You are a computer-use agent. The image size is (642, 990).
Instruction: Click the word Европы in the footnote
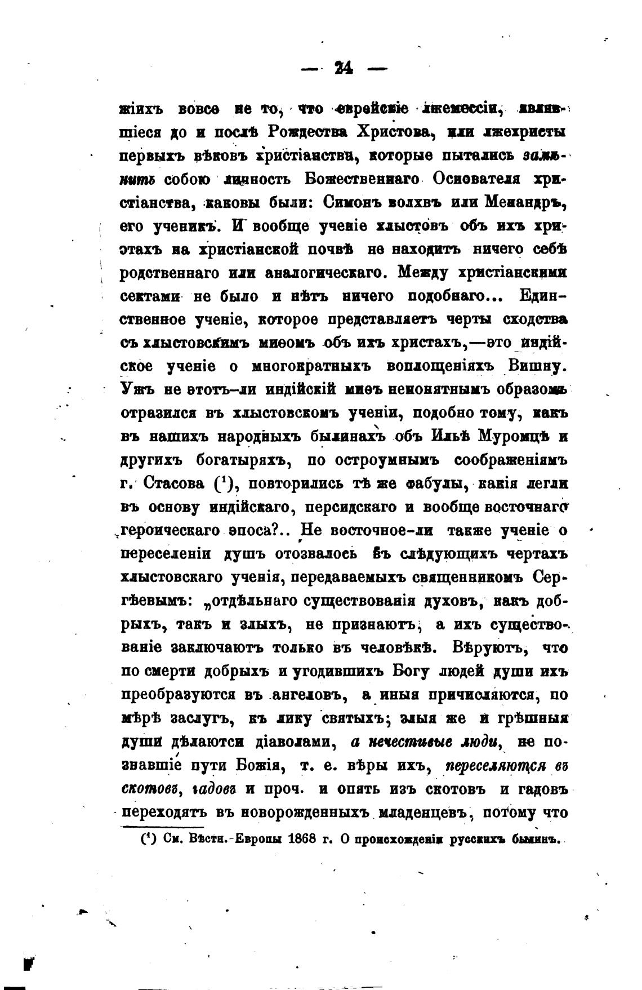click(250, 839)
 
